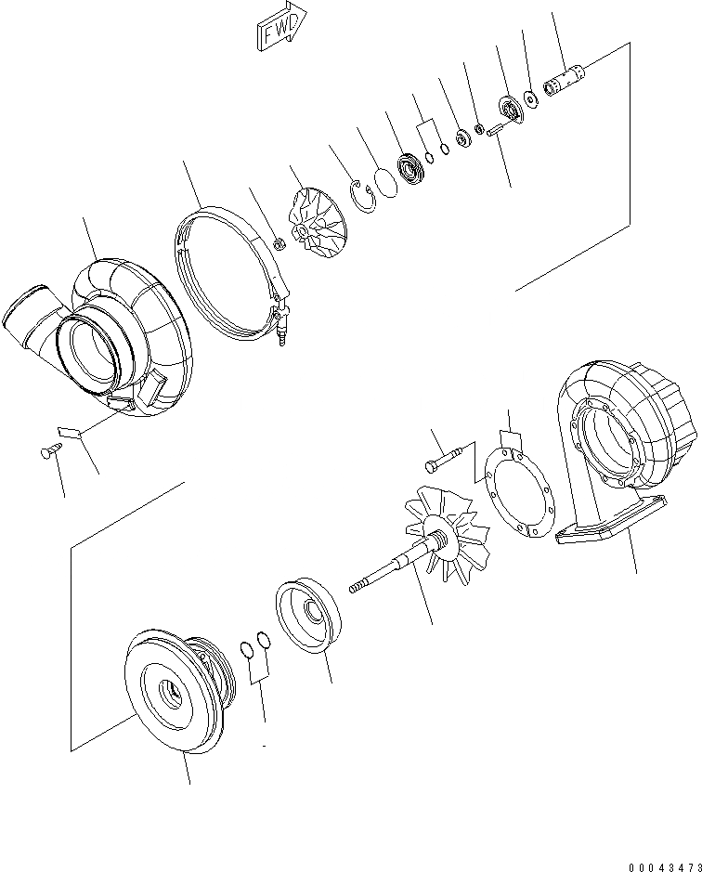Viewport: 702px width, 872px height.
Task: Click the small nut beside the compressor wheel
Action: tap(276, 244)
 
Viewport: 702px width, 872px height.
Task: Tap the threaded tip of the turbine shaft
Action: tap(355, 588)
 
